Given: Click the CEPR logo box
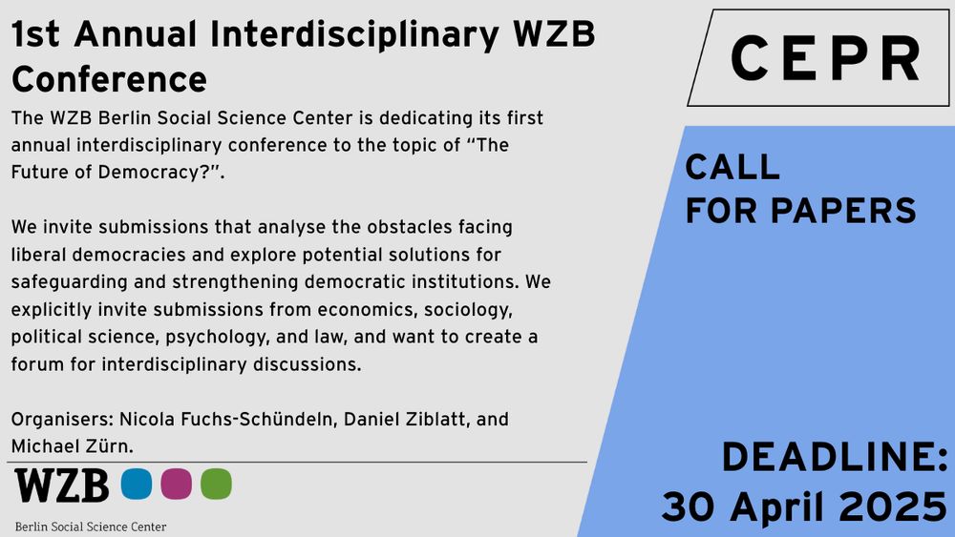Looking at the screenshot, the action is pos(819,58).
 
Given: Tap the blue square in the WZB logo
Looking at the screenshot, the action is pos(137,485).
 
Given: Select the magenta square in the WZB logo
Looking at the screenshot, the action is pos(176,485).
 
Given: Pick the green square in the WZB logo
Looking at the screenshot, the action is pos(216,485).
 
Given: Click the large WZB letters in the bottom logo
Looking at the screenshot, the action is pos(61,485).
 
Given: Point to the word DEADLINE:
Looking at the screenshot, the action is pos(835,457).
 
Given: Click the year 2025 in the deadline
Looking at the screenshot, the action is pos(893,506).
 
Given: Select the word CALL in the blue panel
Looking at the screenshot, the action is pos(732,167).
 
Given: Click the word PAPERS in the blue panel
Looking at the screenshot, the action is pos(843,211).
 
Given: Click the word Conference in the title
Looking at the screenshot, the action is pos(110,80).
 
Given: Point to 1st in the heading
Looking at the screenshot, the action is pos(36,34).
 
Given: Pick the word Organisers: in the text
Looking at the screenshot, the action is pos(62,420).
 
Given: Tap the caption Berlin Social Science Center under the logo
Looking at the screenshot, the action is pos(91,527).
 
